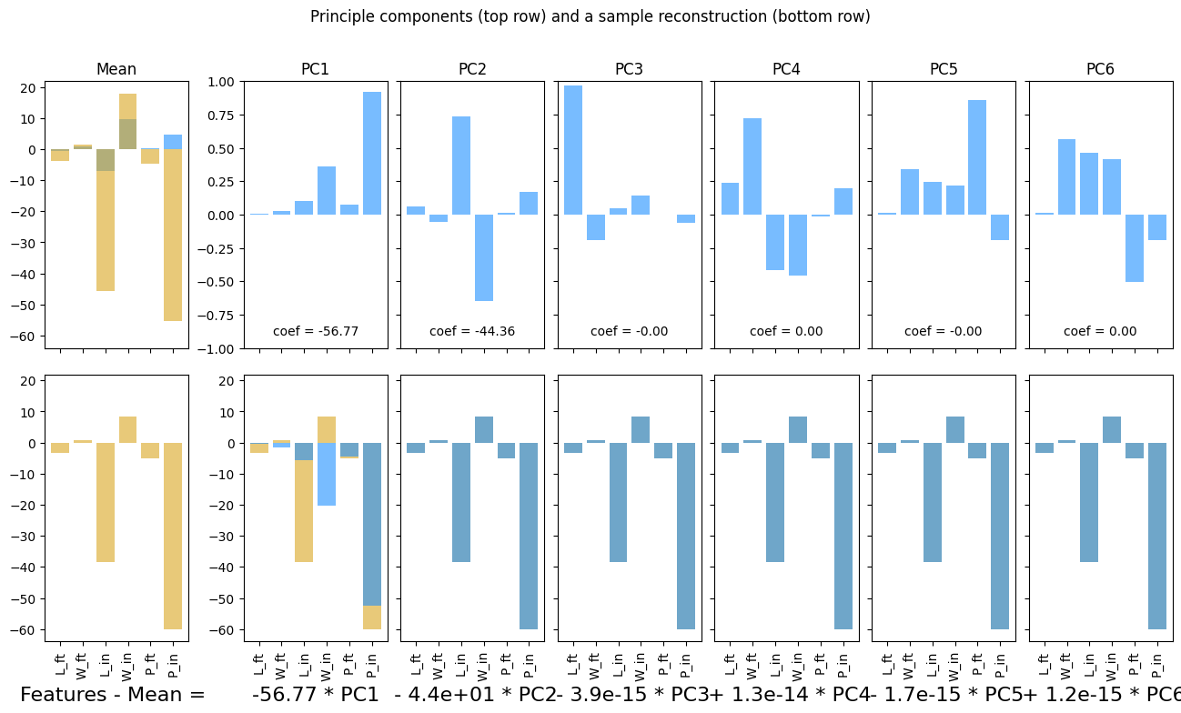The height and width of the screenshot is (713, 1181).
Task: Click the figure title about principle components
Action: pos(590,16)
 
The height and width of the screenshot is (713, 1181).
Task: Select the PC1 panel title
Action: pos(315,69)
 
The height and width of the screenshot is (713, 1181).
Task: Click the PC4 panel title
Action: pos(786,69)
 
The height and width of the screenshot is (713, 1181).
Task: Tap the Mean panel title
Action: pos(116,69)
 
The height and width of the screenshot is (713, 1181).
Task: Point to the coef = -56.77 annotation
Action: pos(316,331)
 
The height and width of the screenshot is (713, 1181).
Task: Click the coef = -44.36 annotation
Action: pos(472,331)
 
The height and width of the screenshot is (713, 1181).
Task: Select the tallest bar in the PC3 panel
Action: pos(573,150)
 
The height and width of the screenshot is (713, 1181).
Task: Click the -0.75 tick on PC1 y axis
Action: pos(220,316)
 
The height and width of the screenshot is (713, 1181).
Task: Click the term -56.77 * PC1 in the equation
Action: pos(315,695)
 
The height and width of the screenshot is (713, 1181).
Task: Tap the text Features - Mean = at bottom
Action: pos(113,695)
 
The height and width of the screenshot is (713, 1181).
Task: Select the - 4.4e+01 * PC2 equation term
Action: pos(474,695)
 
